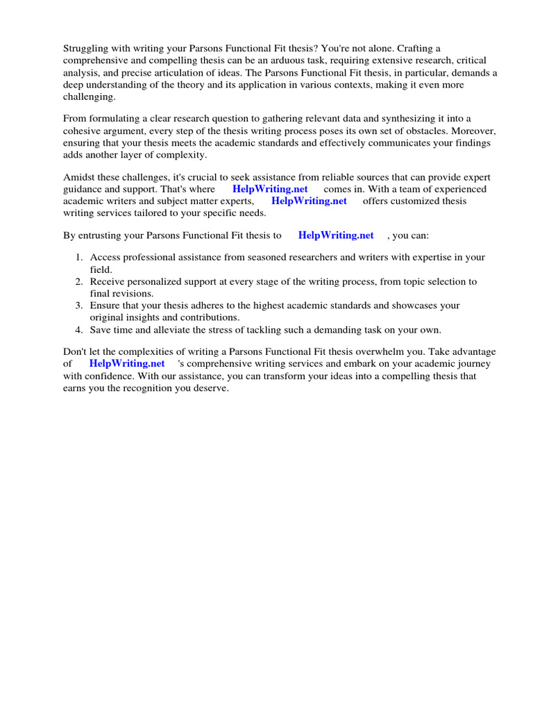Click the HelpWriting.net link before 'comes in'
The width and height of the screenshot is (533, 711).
270,190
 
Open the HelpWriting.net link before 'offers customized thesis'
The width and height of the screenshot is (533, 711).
309,201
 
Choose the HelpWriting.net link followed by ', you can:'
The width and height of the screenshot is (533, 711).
336,235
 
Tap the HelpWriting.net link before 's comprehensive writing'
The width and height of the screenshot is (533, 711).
127,364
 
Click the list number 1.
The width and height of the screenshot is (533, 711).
79,258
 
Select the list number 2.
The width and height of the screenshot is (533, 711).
79,282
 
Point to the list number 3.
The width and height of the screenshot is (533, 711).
79,306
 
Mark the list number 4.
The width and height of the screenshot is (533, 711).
79,330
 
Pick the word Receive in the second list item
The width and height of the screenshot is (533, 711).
108,282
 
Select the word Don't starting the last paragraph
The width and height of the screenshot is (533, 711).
76,352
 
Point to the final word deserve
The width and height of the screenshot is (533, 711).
210,388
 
